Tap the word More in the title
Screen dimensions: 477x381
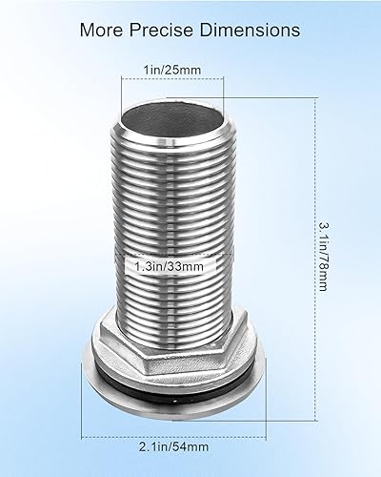(x=104, y=31)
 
